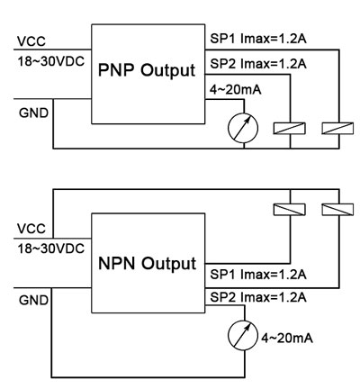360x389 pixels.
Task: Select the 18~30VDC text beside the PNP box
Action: (50, 61)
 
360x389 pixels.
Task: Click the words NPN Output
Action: (148, 265)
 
